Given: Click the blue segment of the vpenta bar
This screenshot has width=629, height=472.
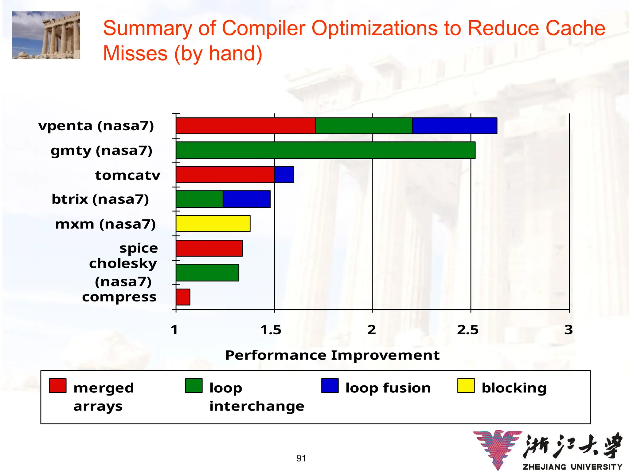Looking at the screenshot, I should click(455, 126).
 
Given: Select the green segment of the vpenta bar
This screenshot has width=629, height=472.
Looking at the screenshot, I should click(364, 126).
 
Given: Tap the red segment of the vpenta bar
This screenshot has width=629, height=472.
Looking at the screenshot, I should click(246, 126).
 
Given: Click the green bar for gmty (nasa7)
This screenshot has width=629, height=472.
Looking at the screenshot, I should click(326, 150).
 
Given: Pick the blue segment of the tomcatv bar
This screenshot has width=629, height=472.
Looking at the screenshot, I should click(284, 175).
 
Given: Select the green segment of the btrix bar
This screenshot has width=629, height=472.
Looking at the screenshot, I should click(200, 199).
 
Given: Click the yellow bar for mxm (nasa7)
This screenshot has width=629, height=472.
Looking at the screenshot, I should click(213, 223).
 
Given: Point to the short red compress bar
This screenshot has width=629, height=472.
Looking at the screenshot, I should click(183, 297).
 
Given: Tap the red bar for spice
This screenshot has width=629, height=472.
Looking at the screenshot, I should click(209, 248).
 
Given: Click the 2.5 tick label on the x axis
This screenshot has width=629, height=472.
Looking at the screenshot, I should click(467, 330).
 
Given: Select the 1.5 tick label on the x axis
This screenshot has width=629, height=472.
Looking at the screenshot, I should click(271, 330).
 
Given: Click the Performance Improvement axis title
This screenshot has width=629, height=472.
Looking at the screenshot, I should click(332, 355).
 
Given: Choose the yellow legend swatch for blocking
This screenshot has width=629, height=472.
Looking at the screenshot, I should click(466, 386).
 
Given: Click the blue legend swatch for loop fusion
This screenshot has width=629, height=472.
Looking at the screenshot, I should click(330, 386).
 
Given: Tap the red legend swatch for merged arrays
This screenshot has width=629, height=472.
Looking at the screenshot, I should click(58, 386).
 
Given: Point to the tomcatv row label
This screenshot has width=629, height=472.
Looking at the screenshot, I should click(128, 175).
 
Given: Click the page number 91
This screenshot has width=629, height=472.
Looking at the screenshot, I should click(301, 458).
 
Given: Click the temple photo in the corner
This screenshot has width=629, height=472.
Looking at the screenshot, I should click(46, 35).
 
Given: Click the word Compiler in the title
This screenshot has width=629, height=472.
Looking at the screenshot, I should click(264, 28).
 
